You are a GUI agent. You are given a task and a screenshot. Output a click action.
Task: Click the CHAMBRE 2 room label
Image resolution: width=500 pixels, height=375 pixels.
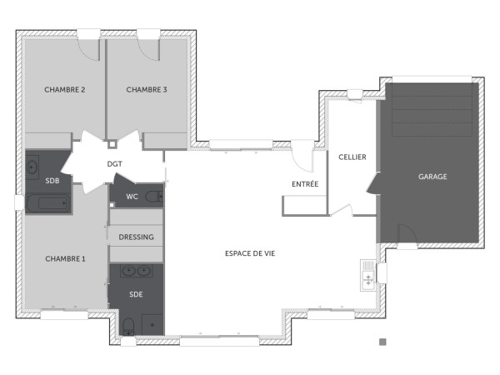point(65,90)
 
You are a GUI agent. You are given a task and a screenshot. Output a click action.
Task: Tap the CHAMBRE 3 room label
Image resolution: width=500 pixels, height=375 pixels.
point(147,90)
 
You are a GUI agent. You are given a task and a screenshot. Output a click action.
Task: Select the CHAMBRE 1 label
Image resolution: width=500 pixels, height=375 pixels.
point(65,258)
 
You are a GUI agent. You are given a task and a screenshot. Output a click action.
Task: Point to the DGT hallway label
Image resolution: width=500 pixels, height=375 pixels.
point(115,164)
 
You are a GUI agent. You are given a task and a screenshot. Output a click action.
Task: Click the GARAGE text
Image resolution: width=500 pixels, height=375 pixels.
point(432,177)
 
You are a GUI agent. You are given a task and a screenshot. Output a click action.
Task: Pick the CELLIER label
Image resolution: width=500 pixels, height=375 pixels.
point(352,157)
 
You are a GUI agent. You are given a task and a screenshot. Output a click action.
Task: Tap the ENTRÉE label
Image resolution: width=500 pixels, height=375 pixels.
point(304,183)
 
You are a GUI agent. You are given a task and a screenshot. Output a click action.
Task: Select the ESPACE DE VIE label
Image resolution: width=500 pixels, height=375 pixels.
point(249,252)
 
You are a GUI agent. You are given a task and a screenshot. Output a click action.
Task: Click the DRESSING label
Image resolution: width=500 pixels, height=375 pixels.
point(136,237)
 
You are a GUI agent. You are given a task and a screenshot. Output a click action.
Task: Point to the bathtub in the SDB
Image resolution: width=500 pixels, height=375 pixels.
point(47,202)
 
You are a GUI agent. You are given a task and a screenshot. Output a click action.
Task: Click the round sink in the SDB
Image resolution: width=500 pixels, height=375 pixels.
point(32,164)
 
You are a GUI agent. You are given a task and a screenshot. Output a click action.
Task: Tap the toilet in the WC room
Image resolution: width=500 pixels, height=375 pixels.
point(152,197)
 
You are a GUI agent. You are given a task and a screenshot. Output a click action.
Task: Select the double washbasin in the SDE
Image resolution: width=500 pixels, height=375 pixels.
point(136,271)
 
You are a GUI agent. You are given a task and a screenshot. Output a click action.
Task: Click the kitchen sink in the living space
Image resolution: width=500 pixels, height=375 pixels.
point(367,274)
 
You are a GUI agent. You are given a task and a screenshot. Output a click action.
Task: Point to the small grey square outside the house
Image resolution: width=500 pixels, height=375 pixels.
point(382,342)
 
